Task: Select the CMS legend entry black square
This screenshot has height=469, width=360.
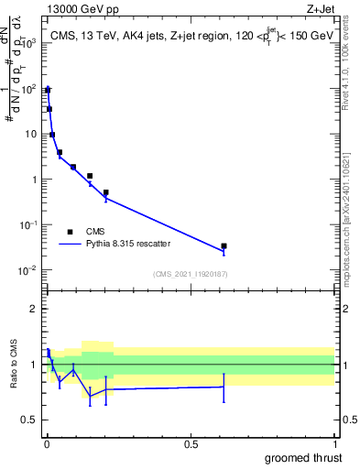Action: [70, 231]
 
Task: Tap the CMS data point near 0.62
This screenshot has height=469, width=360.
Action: [224, 246]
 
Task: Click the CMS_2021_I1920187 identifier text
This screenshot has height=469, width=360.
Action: [190, 274]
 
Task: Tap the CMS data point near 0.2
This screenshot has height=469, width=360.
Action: [106, 193]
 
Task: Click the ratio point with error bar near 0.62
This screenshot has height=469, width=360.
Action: [224, 387]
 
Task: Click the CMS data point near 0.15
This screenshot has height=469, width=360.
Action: [90, 176]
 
